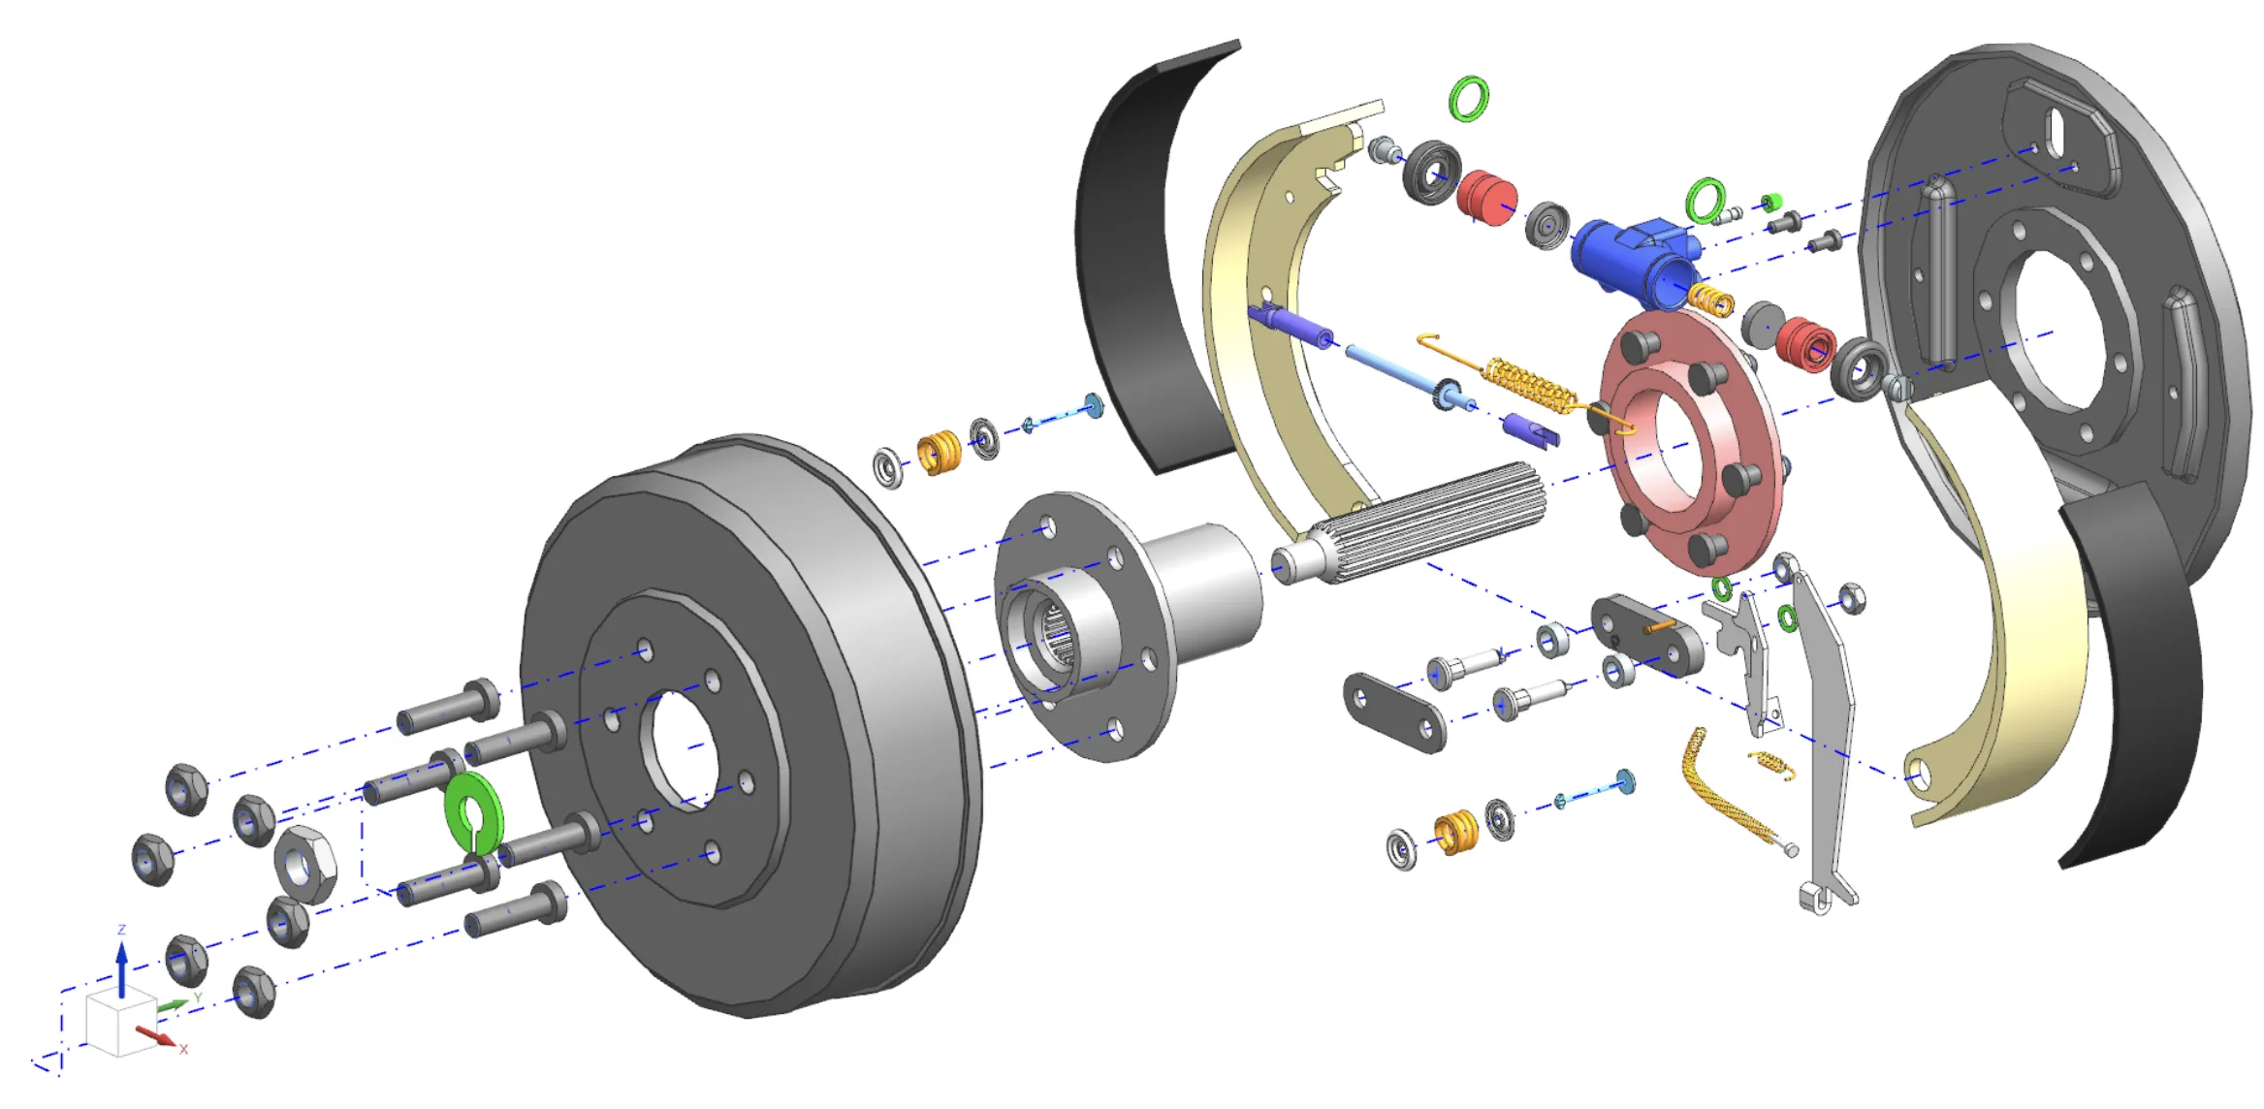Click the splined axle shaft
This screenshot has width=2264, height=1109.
tap(1425, 523)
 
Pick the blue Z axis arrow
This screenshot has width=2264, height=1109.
tap(122, 965)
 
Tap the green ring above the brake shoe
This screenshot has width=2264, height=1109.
tap(1468, 99)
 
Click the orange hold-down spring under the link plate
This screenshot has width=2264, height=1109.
tap(1455, 832)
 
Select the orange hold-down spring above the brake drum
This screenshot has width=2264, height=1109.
tap(939, 452)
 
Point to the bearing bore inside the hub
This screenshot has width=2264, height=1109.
tap(1057, 635)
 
